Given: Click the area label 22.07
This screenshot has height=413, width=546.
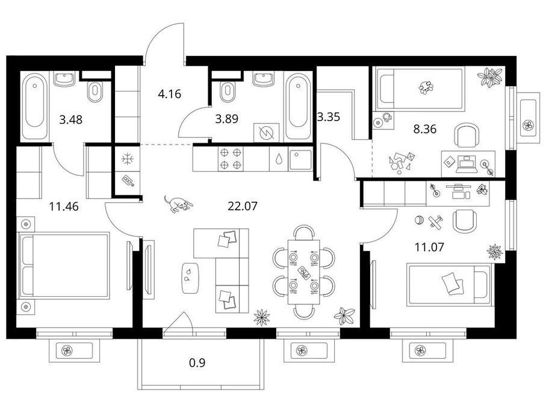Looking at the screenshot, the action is point(243,206).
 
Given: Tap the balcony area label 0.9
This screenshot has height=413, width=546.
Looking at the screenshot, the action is point(197,363).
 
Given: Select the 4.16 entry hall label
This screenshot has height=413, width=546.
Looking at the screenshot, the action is point(169,94).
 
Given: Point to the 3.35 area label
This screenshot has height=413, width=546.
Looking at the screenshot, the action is point(329,117).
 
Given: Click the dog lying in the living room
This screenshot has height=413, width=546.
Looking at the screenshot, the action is point(178,203).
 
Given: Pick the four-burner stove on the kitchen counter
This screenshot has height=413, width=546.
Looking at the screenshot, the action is point(231,158).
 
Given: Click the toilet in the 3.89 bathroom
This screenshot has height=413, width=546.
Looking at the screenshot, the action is point(228,92).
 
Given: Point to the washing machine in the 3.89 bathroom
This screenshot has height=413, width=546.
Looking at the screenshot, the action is point(267,132).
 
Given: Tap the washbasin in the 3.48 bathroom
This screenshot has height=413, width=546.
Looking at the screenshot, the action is point(64,79).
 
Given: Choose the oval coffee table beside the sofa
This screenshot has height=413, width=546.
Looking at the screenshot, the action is point(190,277).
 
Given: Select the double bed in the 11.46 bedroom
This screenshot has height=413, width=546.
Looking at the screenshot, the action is point(65,266).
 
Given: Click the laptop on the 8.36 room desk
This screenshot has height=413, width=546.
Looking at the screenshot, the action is point(465,163).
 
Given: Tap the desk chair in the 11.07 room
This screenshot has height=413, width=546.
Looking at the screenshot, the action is point(465,221).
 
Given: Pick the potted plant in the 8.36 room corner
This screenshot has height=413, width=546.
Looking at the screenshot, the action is point(490,77).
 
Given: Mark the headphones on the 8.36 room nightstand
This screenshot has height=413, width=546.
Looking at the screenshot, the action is point(386,117).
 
